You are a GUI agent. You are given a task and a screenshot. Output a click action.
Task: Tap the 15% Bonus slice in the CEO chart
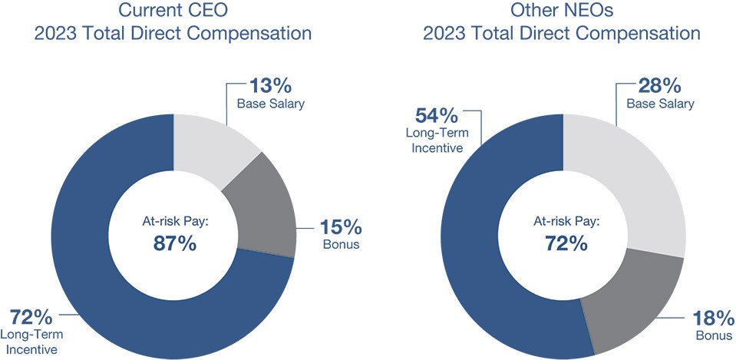pos(266,211)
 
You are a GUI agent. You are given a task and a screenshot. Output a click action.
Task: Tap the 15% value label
pos(341,228)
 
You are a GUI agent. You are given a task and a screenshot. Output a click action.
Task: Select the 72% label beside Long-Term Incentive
pos(31,317)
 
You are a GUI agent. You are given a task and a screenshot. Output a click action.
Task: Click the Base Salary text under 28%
pos(659,104)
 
